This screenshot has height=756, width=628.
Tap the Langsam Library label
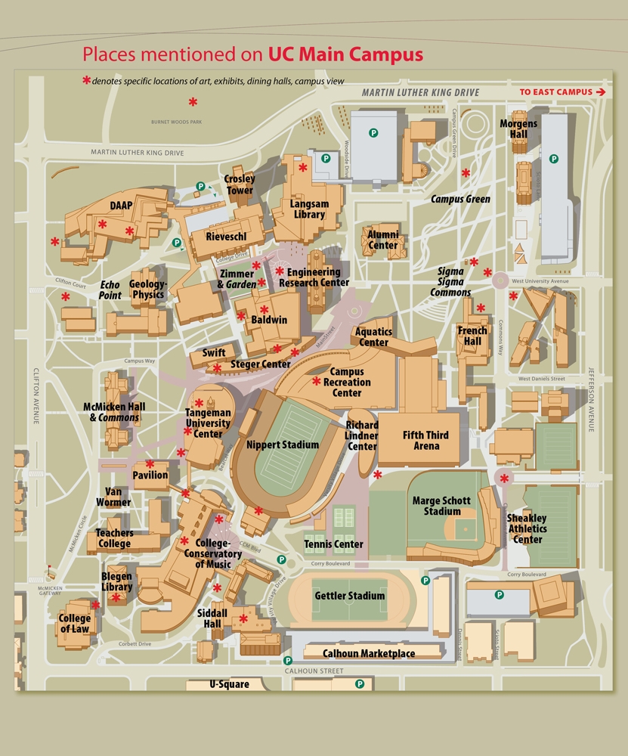click(x=308, y=209)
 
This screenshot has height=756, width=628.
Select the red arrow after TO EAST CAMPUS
click(x=601, y=92)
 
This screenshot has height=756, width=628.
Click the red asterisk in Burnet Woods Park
click(x=193, y=101)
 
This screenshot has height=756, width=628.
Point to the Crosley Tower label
click(x=240, y=185)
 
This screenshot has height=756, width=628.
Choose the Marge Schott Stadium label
click(x=441, y=506)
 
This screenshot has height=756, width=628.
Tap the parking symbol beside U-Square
click(x=360, y=683)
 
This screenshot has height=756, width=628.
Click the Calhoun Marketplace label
click(x=369, y=654)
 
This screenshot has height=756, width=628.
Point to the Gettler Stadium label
click(x=349, y=596)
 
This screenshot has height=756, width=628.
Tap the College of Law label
click(x=75, y=624)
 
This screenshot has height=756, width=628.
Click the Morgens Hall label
click(x=519, y=129)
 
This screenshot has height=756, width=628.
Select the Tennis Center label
click(x=333, y=544)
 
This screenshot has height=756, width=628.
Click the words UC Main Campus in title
click(x=345, y=54)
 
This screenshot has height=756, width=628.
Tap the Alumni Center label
click(x=383, y=240)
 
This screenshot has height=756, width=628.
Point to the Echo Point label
click(x=111, y=290)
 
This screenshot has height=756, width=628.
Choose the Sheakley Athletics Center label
click(x=527, y=528)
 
